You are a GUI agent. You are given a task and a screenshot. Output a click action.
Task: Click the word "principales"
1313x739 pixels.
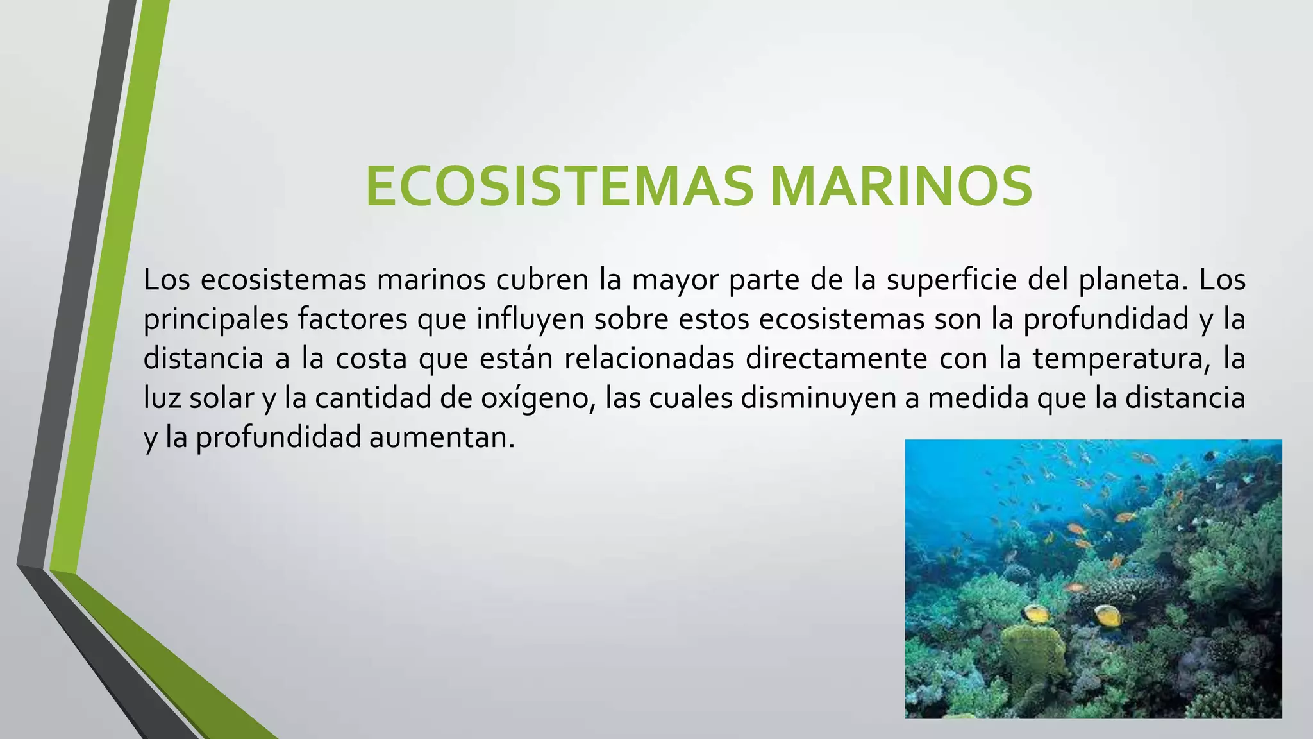point(215,319)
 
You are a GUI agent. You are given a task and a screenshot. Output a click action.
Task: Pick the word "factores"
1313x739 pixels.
point(353,319)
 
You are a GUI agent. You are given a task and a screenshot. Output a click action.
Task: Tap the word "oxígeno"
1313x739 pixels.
point(535,398)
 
